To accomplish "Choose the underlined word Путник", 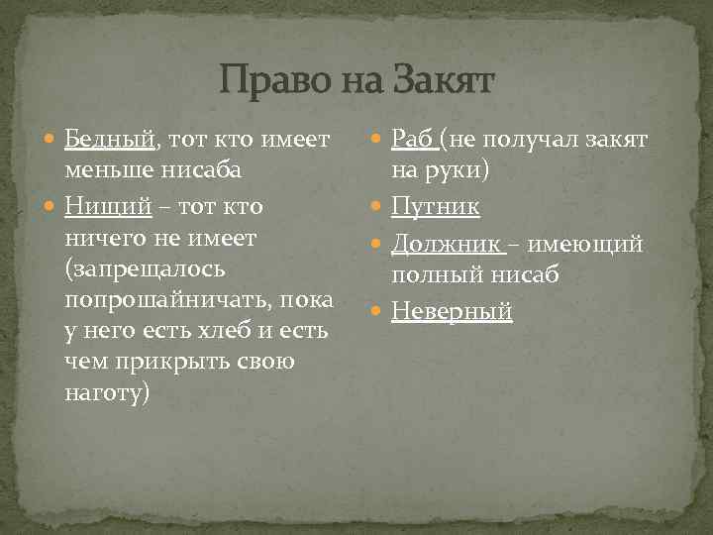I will (436, 206).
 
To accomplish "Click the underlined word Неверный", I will (452, 311).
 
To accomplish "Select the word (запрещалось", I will (146, 268).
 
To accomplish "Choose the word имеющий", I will (592, 243).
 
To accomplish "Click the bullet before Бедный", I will (51, 140).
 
